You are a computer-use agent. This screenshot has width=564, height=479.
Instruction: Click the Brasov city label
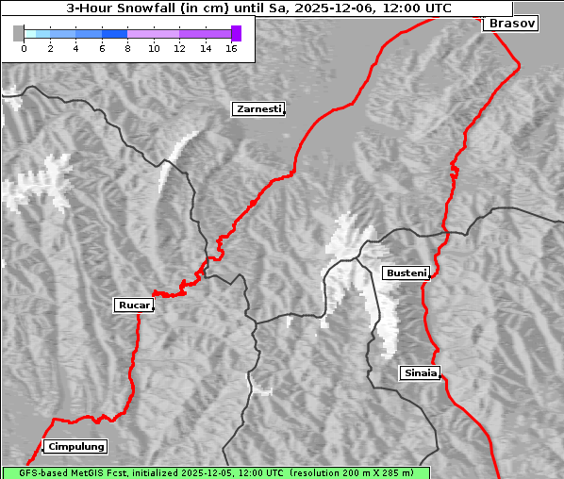coord(510,24)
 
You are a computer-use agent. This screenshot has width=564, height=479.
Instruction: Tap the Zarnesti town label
coord(257,109)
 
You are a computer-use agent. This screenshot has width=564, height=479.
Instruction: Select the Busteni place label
coord(406,273)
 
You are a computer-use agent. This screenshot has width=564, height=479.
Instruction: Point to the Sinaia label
coord(420,372)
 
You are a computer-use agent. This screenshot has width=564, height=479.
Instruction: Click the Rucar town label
coord(133,305)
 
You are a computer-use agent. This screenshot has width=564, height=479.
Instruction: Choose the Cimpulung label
coord(75,446)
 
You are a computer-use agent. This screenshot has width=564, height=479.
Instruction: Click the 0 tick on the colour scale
coord(24,48)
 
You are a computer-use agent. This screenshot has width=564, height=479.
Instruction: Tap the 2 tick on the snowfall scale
coord(49,48)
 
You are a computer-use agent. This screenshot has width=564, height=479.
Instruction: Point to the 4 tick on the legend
coord(75,48)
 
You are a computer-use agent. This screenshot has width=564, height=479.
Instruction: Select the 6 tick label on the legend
coord(101,48)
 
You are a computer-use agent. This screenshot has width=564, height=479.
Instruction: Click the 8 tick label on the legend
coord(127,48)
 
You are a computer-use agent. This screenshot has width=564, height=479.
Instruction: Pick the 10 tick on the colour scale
coord(153,48)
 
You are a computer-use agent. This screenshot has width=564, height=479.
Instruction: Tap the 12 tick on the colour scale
coord(179,48)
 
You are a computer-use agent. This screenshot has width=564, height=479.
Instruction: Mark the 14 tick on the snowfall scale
coord(206,48)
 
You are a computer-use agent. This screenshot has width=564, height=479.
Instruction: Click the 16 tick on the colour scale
coord(231,48)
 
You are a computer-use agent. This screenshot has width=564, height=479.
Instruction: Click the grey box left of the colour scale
coord(19,33)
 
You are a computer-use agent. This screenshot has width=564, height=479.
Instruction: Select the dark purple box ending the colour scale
coord(236,33)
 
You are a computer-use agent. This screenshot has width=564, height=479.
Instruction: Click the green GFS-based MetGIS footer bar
coord(215,472)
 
